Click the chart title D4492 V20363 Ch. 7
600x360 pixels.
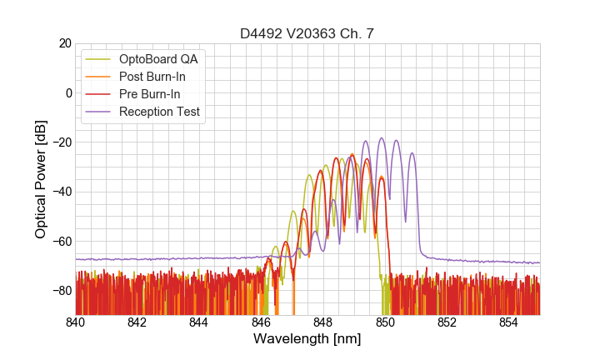(307, 33)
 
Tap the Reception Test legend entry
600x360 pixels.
(159, 112)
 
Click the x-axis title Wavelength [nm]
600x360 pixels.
(307, 339)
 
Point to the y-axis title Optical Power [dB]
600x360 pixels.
(40, 179)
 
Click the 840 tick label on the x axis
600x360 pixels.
(76, 322)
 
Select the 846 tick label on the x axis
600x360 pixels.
(262, 322)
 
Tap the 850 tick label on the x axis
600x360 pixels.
(385, 322)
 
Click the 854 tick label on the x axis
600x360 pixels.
(509, 322)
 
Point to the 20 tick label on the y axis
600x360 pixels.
(64, 43)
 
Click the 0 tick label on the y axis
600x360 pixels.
(67, 92)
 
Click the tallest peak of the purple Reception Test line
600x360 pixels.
(381, 138)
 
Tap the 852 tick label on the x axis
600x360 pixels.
(447, 322)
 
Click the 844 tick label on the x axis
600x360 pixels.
(199, 322)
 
